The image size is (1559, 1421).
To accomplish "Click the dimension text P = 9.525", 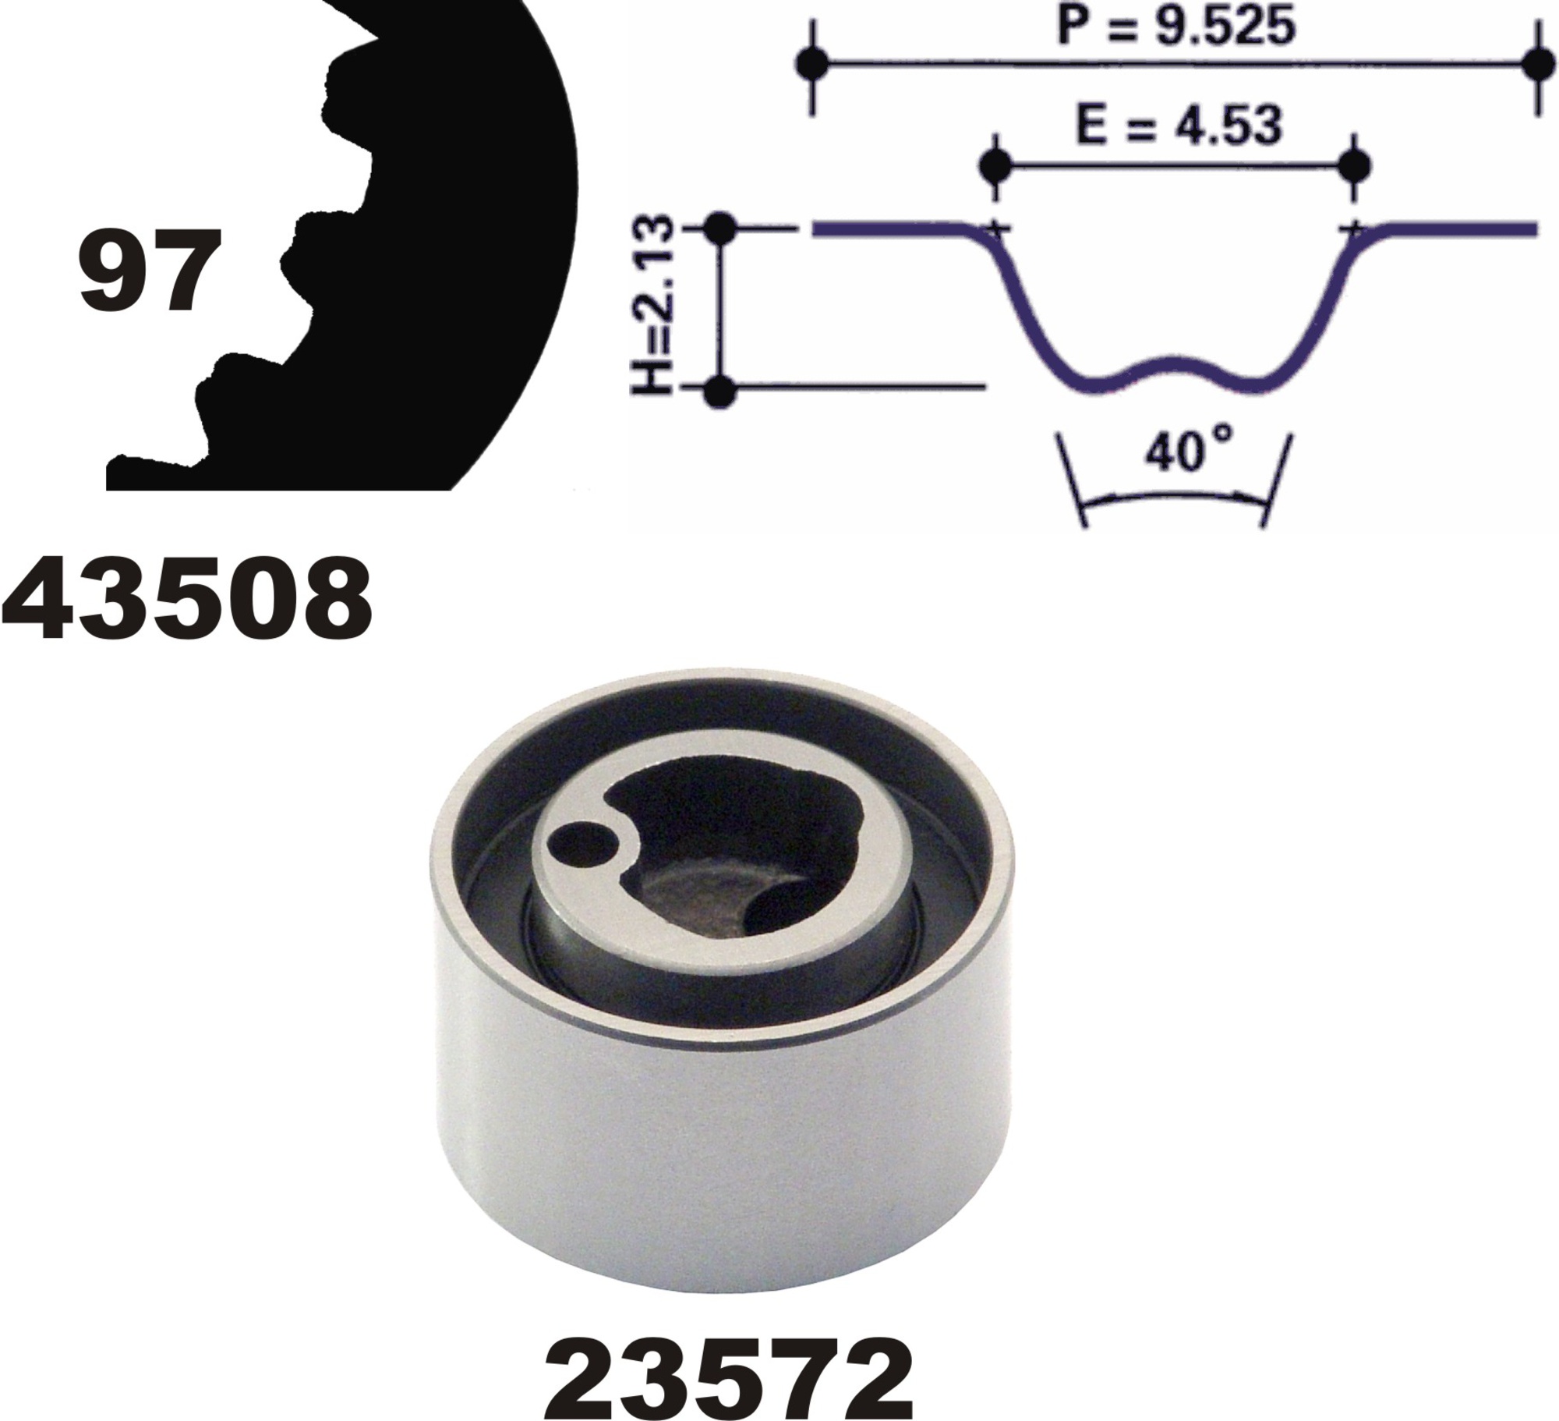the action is (1175, 26).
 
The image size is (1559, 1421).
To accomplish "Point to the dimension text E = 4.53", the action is (1178, 124).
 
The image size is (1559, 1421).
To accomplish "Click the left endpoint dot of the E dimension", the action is (994, 165).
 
